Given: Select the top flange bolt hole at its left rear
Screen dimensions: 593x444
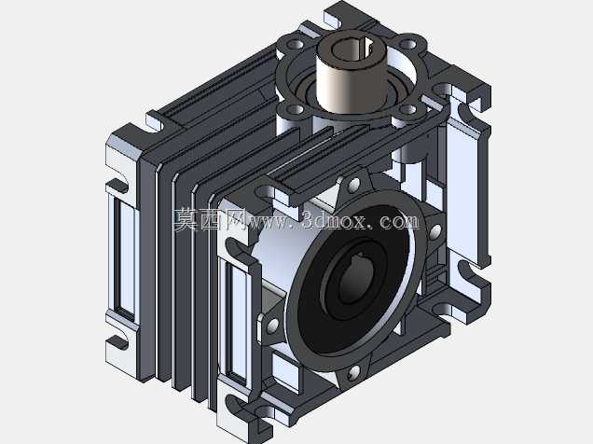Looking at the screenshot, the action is click(296, 45).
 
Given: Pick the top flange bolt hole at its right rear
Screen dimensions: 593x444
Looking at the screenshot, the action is click(407, 45).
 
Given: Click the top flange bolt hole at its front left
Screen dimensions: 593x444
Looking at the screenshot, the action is click(296, 109).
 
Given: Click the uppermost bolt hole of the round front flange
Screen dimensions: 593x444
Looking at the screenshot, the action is click(354, 185).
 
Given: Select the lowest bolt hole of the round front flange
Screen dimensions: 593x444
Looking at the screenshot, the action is click(353, 373).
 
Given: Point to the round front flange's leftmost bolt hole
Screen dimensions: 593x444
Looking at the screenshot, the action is click(272, 325).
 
